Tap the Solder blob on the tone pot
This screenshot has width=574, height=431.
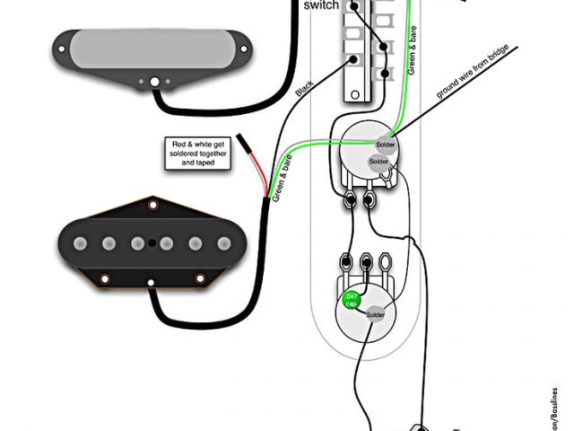click(376, 315)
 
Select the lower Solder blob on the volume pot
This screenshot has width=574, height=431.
click(377, 162)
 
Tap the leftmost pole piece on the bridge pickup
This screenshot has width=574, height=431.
click(82, 241)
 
